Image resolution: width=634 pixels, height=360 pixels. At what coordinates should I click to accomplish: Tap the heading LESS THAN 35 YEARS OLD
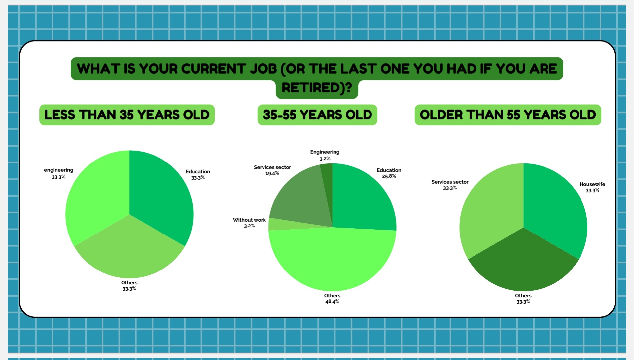pos(127,115)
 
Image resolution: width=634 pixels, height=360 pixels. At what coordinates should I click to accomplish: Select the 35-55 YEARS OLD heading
pos(317,115)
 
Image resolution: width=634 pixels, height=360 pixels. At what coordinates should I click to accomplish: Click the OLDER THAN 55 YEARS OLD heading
pos(508,115)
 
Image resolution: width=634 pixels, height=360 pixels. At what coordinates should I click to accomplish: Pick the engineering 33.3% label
pos(58,173)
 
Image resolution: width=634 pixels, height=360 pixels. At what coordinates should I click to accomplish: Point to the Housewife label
pos(592,184)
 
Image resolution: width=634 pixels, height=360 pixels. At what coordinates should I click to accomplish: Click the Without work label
pos(249,220)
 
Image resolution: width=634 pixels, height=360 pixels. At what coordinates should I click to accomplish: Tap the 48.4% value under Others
pos(332,302)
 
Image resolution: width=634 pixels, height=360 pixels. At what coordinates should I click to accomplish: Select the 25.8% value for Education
pos(389,176)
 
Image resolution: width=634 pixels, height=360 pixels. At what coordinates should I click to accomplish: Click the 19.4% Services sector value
pos(272,173)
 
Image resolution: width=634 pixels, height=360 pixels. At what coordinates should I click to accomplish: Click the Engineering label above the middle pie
pos(325,152)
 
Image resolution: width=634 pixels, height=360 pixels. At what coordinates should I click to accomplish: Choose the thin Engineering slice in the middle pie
pos(327,185)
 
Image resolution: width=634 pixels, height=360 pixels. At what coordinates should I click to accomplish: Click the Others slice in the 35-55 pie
pos(332,261)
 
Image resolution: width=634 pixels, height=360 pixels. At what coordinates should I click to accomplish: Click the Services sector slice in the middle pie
pos(300,198)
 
